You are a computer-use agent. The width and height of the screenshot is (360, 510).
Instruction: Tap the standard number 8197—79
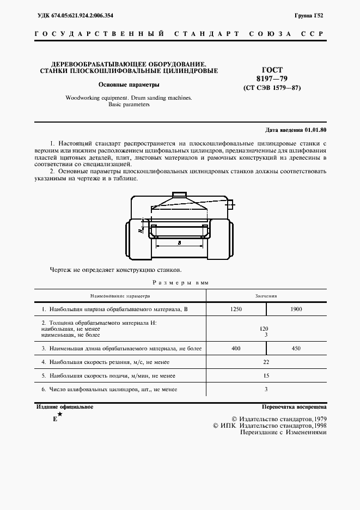click(272, 79)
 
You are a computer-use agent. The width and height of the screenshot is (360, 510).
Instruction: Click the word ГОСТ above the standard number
click(272, 70)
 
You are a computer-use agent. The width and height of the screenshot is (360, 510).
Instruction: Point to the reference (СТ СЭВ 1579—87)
click(272, 88)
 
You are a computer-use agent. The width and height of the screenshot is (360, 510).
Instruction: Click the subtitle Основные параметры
click(129, 85)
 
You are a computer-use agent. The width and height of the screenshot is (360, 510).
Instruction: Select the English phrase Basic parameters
click(129, 105)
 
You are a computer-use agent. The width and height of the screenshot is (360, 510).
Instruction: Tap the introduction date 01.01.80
click(314, 130)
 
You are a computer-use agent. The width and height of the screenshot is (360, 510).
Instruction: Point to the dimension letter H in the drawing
click(141, 230)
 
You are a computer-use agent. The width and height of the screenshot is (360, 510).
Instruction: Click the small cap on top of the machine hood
click(179, 195)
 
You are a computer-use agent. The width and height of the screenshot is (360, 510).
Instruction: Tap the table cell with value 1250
click(236, 309)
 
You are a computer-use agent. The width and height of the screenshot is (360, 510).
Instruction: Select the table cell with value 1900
click(296, 309)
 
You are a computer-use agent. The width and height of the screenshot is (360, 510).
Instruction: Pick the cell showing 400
click(236, 347)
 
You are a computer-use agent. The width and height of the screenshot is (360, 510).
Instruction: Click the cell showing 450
click(296, 347)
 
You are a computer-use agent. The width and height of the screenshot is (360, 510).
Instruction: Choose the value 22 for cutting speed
click(266, 361)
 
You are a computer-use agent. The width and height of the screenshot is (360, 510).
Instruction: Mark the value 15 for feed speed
click(266, 375)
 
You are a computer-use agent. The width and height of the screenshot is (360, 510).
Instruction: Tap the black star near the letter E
click(60, 415)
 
